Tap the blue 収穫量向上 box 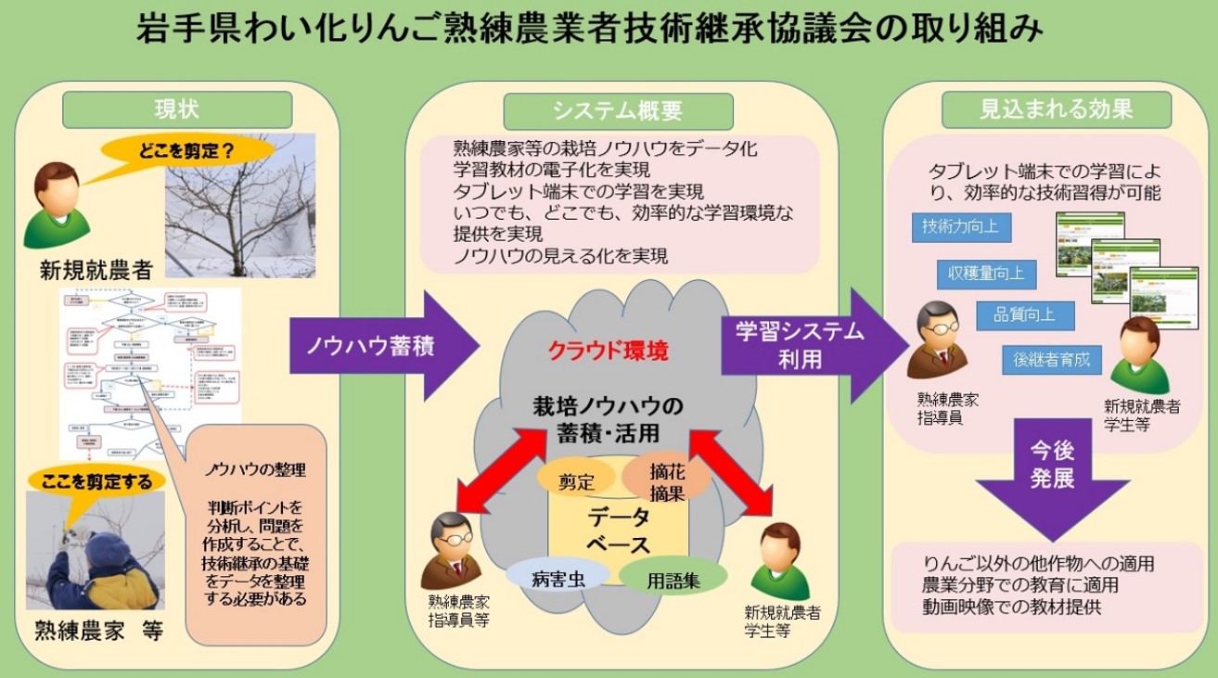tap(985, 274)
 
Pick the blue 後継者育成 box tap(1052, 358)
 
